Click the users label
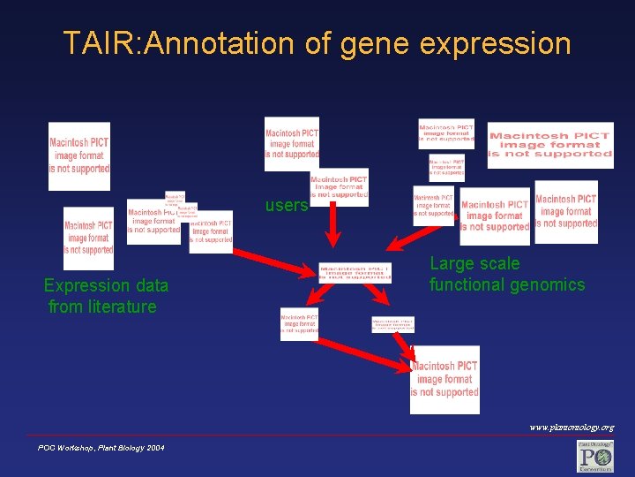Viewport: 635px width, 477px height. coord(287,206)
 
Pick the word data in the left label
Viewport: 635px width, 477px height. coord(148,285)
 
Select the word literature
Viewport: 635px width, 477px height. coord(122,307)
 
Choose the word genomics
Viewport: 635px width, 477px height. coord(548,284)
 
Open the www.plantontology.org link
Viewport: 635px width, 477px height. coord(571,428)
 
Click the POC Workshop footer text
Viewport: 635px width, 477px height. coord(73,449)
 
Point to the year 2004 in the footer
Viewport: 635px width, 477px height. coord(153,449)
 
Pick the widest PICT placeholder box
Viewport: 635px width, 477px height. coord(549,144)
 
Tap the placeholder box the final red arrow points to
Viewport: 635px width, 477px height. coord(445,379)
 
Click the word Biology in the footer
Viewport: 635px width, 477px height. coord(126,449)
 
